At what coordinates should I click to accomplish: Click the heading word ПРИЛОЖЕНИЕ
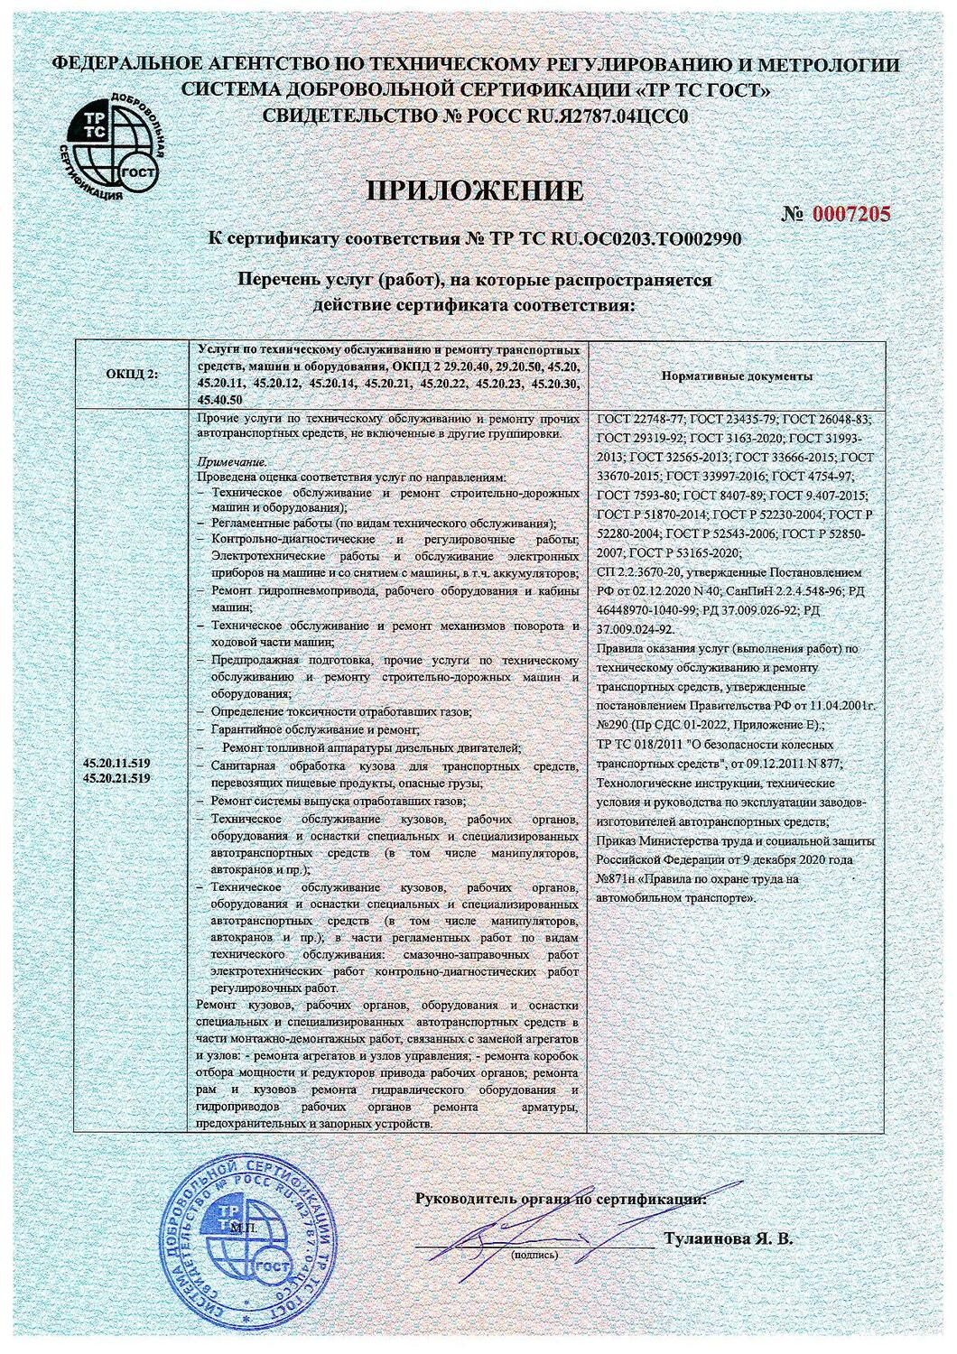pyautogui.click(x=475, y=190)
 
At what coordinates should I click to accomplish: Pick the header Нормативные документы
pyautogui.click(x=737, y=376)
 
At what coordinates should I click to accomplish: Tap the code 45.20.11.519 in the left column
pyautogui.click(x=116, y=764)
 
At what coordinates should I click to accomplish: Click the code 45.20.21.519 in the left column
pyautogui.click(x=116, y=777)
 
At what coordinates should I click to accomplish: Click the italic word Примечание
pyautogui.click(x=220, y=462)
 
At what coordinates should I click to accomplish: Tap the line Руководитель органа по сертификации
pyautogui.click(x=560, y=1199)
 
